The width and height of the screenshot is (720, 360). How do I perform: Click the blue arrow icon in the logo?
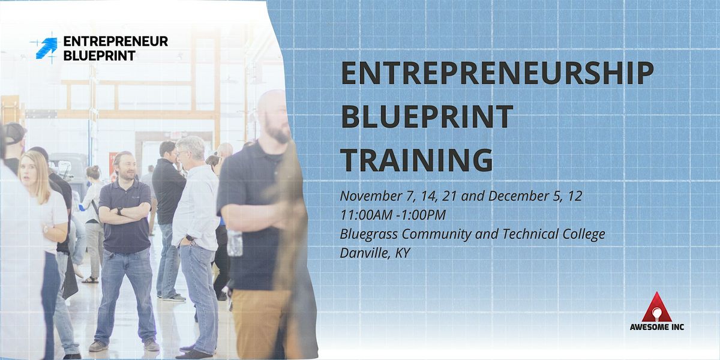pos(47,48)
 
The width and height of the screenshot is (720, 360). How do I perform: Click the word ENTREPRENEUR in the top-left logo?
pos(116,41)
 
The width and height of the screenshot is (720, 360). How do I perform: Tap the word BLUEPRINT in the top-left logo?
pos(100,56)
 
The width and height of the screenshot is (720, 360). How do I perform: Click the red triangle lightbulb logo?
pos(656,307)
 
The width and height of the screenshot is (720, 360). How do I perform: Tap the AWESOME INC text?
pos(657,327)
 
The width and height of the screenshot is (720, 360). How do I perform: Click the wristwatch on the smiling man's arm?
pos(119,211)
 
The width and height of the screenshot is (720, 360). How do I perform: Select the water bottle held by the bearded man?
pos(235,243)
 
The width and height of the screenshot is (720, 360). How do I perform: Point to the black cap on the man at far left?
pos(14,133)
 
